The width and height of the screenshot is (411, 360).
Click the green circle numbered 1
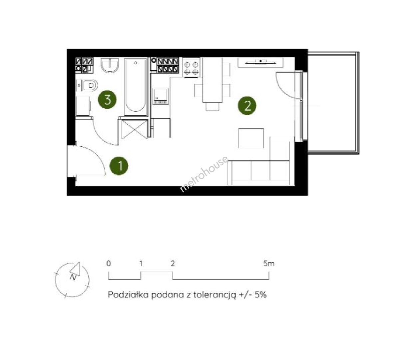(x=119, y=166)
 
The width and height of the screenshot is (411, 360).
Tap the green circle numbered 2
(x=247, y=105)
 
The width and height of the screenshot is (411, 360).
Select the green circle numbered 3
(x=107, y=99)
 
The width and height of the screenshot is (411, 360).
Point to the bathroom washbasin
(x=110, y=65)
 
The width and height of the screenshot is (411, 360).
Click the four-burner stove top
(x=192, y=68)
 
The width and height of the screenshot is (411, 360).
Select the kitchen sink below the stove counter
(x=161, y=96)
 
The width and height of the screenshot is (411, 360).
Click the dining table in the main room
(x=212, y=80)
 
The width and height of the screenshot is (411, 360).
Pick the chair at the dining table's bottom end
(x=212, y=106)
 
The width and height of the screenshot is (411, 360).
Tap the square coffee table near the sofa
(x=251, y=138)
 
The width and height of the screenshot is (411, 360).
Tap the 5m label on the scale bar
(x=268, y=263)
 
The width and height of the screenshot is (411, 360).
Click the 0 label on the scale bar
(x=109, y=263)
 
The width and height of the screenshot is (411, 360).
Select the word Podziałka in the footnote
(x=128, y=295)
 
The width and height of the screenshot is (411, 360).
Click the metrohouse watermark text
(x=204, y=174)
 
